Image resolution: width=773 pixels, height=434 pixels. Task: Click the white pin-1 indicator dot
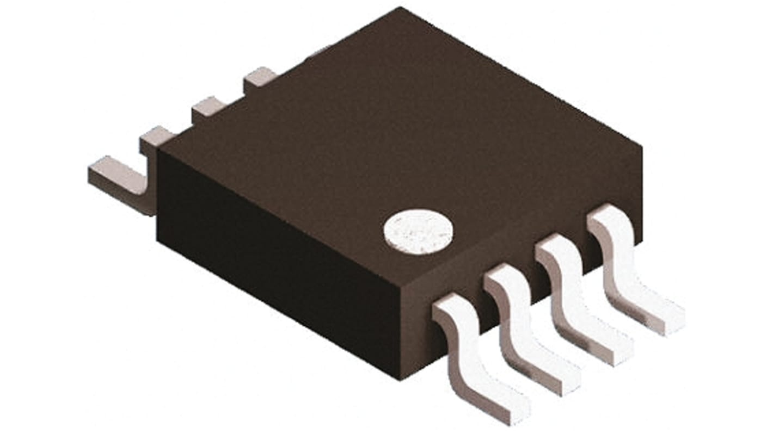(x=418, y=232)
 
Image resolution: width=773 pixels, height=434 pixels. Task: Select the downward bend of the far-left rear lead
(x=148, y=196)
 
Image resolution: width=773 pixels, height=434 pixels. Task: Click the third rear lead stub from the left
(x=208, y=107)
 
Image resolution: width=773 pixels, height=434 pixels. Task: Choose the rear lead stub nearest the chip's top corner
(x=259, y=78)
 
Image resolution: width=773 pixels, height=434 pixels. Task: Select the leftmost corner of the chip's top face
(x=158, y=150)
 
